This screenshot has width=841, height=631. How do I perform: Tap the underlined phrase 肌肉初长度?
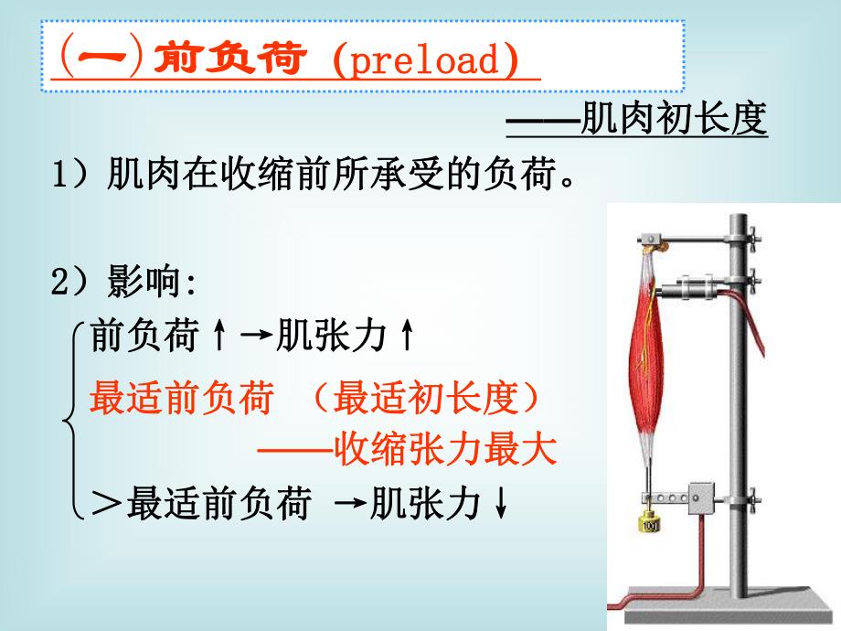[675, 121]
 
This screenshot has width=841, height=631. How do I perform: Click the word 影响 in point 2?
[145, 283]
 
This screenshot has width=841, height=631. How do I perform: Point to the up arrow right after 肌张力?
[407, 339]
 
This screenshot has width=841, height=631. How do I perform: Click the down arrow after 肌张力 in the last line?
[500, 506]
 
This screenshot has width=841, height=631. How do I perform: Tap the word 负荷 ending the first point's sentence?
[517, 175]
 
